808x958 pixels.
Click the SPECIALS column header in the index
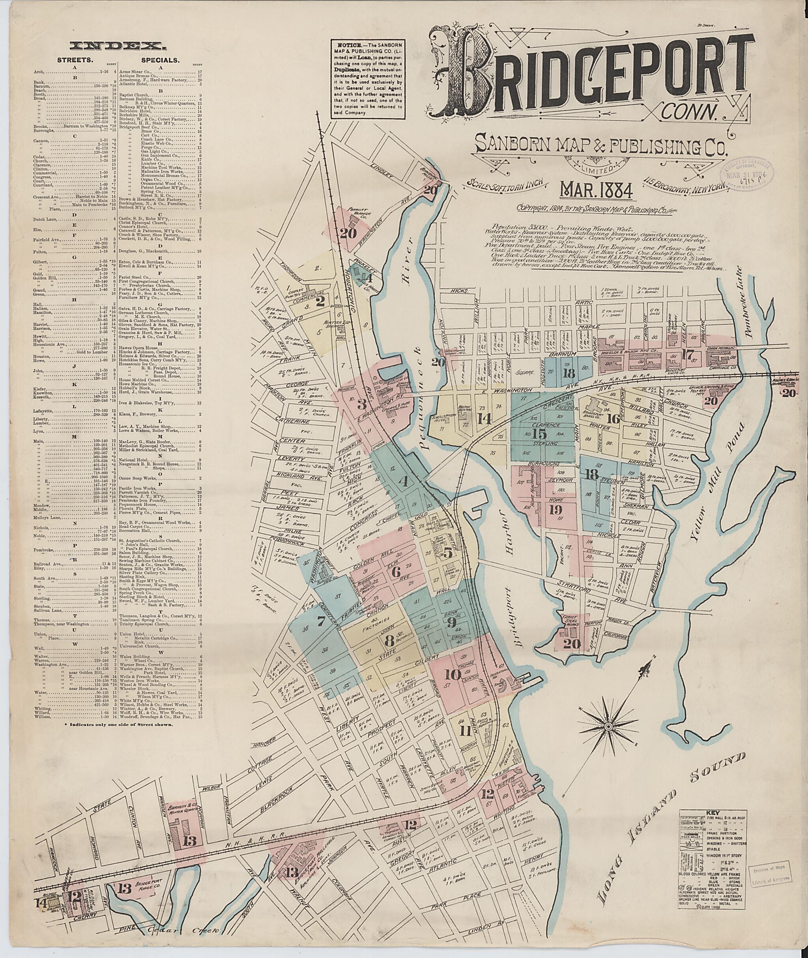160,60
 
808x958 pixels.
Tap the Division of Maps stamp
775,881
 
